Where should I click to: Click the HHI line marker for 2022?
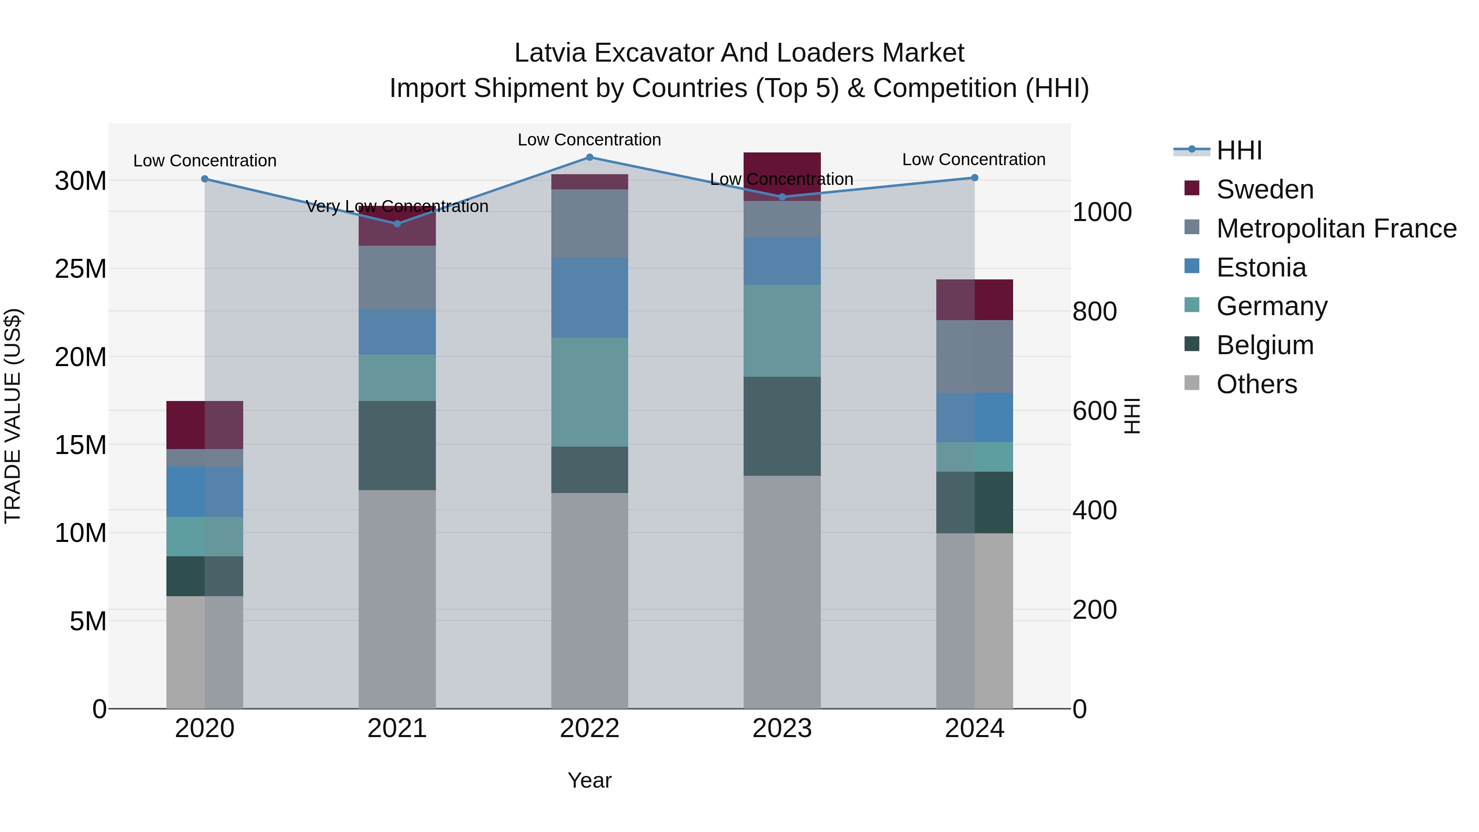tap(589, 157)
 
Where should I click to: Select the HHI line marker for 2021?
tap(397, 224)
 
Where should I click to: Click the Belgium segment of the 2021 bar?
tap(397, 445)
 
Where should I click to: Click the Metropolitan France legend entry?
tap(1336, 228)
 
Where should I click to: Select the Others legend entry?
tap(1256, 384)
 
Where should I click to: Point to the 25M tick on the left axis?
tap(81, 269)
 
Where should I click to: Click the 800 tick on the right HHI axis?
tap(1094, 312)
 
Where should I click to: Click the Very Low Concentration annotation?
tap(397, 206)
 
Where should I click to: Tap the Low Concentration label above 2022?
tap(589, 140)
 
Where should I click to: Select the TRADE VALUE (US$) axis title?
tap(13, 416)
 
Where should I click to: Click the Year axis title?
tap(589, 780)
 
